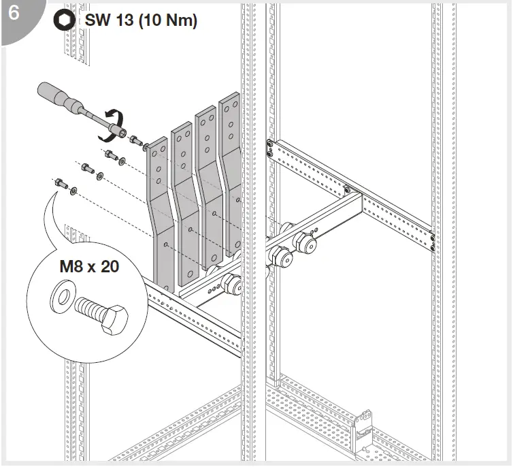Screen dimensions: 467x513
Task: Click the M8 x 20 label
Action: (x=88, y=265)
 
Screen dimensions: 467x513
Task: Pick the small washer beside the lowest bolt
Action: (x=73, y=190)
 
